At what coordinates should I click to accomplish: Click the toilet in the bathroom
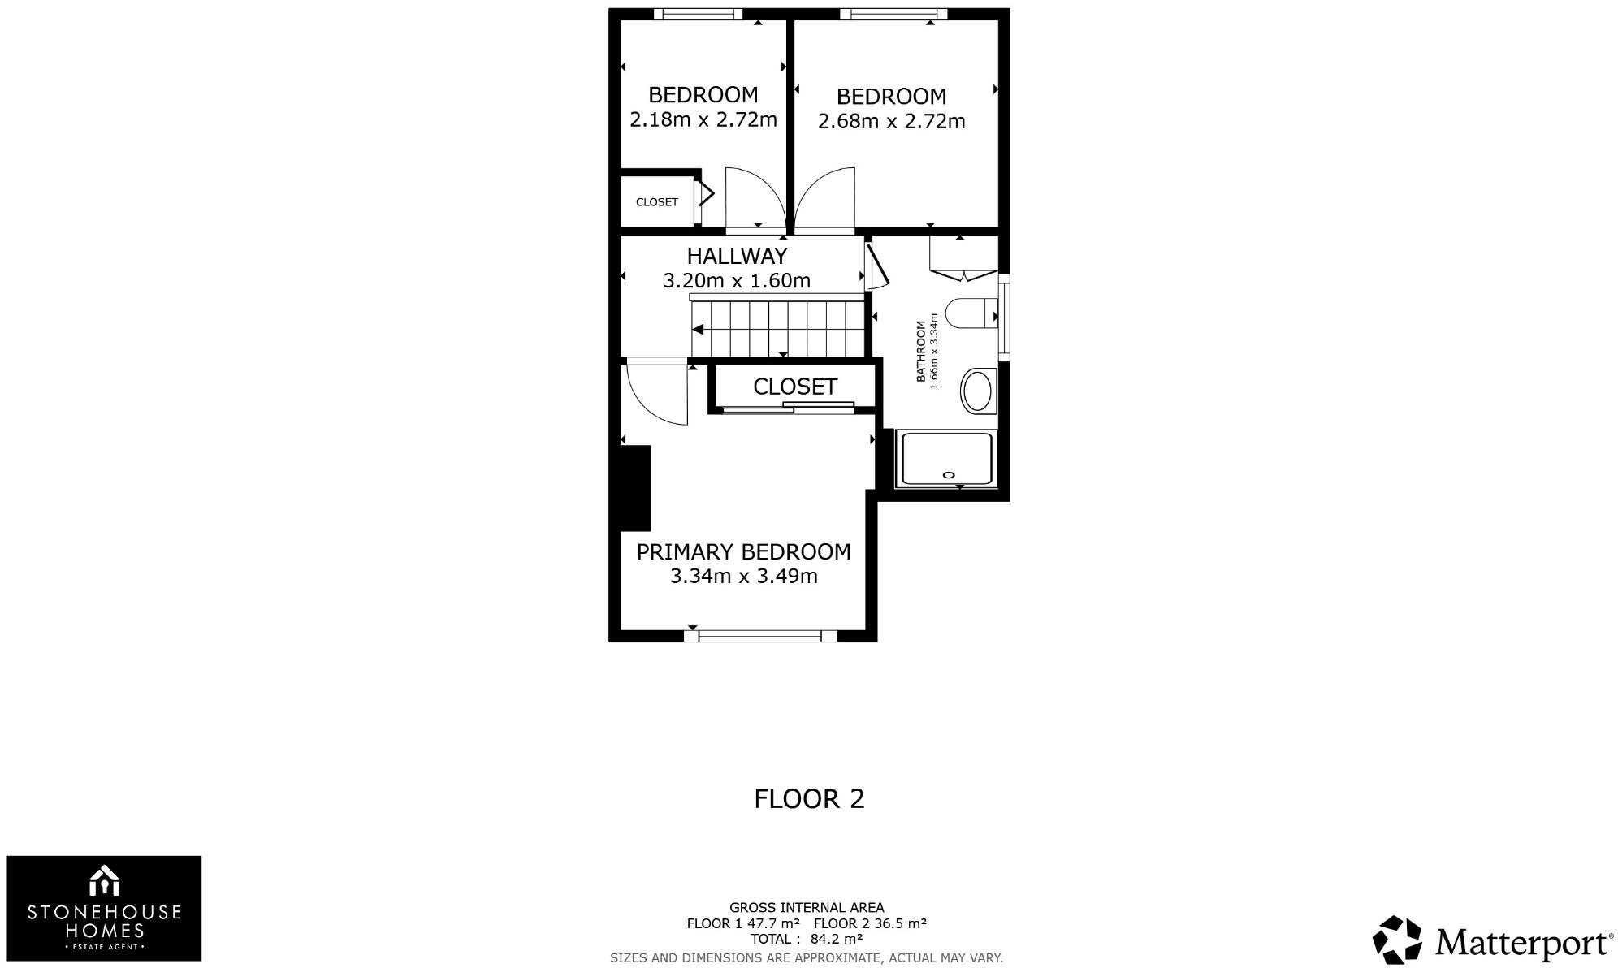tap(970, 313)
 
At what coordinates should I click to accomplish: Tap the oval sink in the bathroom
tap(977, 391)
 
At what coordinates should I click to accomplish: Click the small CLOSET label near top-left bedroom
tap(656, 202)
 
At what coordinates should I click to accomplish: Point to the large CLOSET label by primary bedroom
tap(794, 387)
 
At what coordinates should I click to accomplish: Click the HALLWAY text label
tap(737, 256)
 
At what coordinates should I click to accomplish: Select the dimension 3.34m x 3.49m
tap(743, 577)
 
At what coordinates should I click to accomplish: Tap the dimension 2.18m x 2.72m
tap(703, 120)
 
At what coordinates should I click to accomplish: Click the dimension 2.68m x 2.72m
tap(891, 122)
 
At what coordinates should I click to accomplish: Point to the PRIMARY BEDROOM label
tap(743, 552)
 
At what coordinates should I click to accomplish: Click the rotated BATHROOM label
tap(921, 351)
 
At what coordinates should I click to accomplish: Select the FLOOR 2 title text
tap(809, 799)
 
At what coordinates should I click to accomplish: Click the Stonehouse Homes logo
tap(104, 908)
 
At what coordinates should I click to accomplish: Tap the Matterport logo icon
tap(1397, 940)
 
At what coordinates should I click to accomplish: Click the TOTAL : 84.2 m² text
tap(806, 940)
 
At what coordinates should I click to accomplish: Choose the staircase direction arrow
tap(699, 329)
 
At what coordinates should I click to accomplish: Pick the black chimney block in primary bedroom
tap(635, 487)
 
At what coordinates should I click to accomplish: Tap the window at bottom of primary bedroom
tap(760, 636)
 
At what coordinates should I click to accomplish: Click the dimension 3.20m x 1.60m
tap(737, 281)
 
